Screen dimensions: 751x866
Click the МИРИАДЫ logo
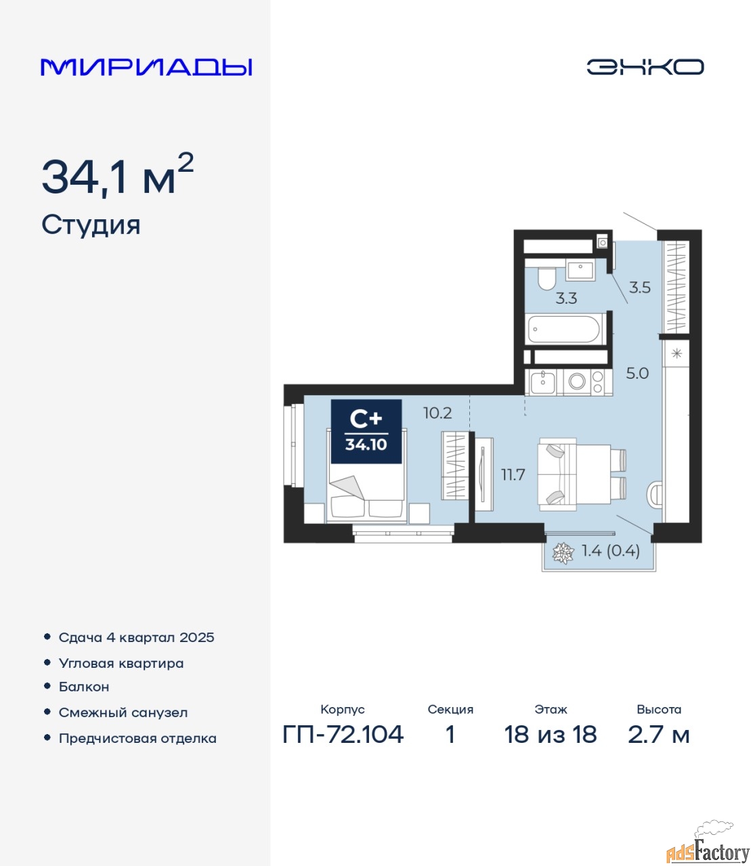point(146,67)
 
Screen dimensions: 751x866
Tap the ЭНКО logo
point(645,67)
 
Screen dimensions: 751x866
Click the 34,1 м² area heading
point(117,175)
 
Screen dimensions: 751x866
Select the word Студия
point(91,226)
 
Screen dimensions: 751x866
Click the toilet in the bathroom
point(546,279)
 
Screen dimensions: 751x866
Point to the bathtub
point(564,329)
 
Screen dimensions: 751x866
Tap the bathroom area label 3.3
point(566,298)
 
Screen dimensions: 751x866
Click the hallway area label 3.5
point(639,288)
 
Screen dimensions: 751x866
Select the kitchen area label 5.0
point(637,373)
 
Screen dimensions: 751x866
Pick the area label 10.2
point(437,413)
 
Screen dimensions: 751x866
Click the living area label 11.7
point(513,475)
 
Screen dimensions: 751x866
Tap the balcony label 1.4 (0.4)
point(611,551)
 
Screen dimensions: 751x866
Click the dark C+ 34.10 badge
point(366,432)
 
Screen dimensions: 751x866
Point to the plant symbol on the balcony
point(563,553)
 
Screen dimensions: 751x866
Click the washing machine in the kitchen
point(577,382)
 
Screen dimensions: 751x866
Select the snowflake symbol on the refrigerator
point(677,354)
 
